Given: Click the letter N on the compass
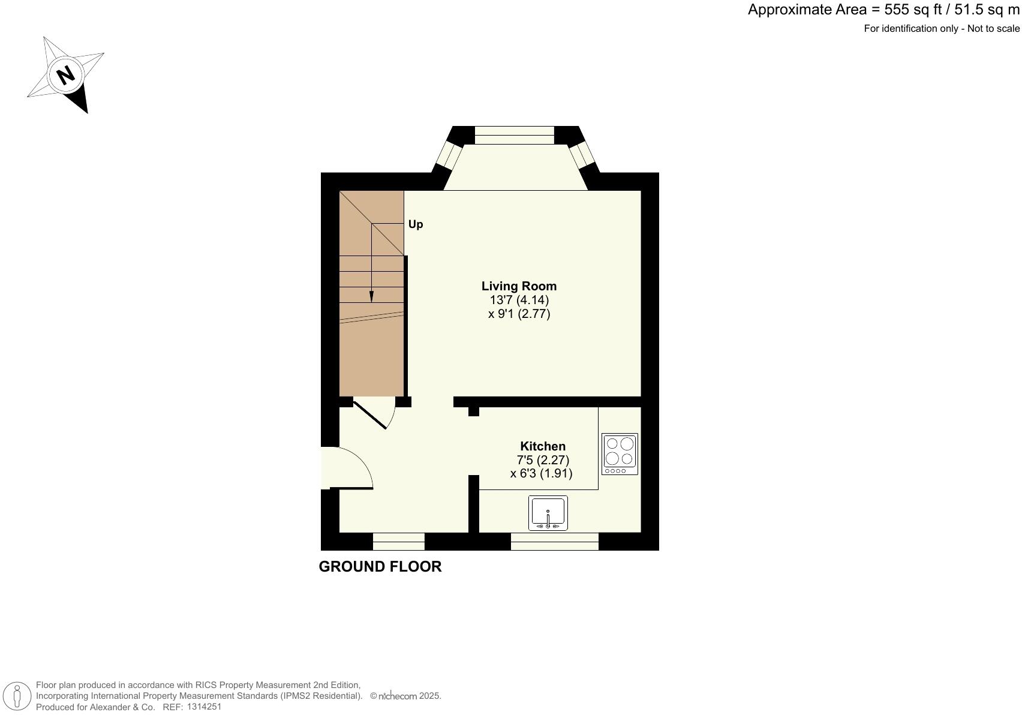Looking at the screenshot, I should tap(65, 75).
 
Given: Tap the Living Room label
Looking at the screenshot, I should tap(519, 286).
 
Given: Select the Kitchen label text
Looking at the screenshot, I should tap(542, 446).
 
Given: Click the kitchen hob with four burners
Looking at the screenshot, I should tap(620, 454).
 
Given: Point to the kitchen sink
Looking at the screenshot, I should tap(548, 513).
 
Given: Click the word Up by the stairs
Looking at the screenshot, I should tap(416, 224).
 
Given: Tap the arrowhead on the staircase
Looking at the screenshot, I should tap(371, 296).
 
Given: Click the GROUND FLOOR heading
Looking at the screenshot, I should tap(380, 567).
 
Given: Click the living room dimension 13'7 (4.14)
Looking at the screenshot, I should tap(519, 300).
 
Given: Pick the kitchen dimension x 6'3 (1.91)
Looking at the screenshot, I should tap(541, 473).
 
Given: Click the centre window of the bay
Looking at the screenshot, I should tap(514, 136).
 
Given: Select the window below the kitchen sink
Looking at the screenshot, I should tap(554, 541).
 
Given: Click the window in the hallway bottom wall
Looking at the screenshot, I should tap(398, 541).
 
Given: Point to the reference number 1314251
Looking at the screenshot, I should tap(204, 707).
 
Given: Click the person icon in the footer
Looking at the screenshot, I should tap(17, 696).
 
